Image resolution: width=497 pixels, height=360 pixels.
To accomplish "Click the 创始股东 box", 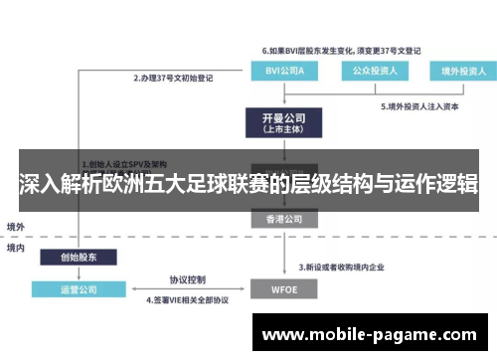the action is [x=79, y=256].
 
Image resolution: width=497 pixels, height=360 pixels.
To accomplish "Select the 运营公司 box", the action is [x=79, y=289].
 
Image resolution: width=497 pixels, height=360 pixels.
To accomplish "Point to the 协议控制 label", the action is [x=187, y=279].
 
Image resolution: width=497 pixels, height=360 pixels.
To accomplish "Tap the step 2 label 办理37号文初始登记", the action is [x=176, y=76].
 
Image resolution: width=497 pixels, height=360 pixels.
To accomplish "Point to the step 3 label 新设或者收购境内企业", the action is [x=351, y=269].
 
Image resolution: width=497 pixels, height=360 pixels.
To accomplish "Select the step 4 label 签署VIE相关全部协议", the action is [x=188, y=300].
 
